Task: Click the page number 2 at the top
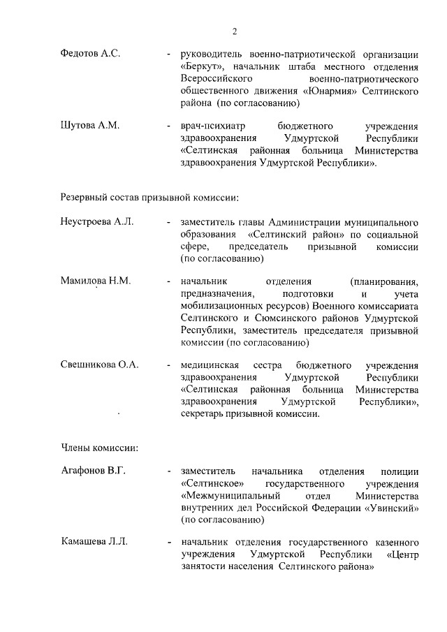235,31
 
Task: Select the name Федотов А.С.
90,54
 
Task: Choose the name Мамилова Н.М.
96,281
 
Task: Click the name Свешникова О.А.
100,365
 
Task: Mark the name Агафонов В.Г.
93,470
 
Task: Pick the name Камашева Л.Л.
94,542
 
